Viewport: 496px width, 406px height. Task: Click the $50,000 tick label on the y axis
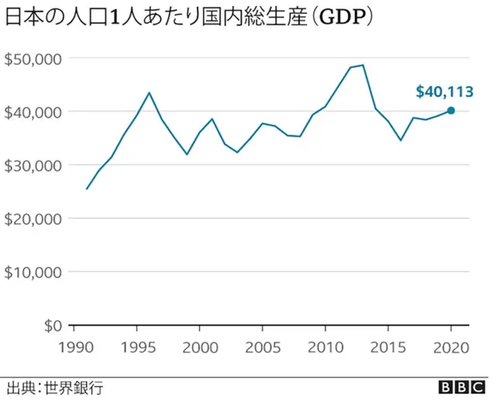[33, 58]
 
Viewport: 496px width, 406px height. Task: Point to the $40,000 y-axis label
[33, 112]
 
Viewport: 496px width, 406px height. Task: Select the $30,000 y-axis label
[33, 165]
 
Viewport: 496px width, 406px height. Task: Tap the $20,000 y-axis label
[33, 218]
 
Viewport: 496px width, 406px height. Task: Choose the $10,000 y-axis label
[33, 272]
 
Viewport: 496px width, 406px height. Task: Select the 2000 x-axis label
[199, 346]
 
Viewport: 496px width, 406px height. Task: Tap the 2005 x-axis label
[262, 346]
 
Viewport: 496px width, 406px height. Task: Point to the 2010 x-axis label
[325, 346]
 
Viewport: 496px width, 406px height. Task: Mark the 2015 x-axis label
[388, 346]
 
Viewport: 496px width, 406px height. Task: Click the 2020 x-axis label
[451, 346]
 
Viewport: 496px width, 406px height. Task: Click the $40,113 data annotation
[444, 92]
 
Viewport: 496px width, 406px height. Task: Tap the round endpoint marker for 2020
[451, 110]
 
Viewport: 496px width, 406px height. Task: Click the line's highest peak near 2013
[363, 65]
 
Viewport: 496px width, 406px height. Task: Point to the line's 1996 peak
[150, 93]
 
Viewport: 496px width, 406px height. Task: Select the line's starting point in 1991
[86, 188]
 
